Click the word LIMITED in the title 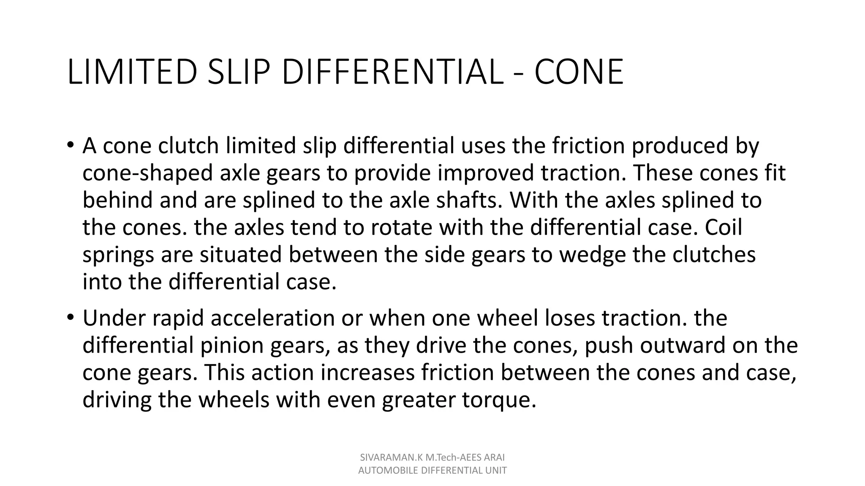(x=132, y=72)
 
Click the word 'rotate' (x=402, y=227)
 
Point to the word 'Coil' (x=723, y=227)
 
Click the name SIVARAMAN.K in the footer (x=386, y=457)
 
